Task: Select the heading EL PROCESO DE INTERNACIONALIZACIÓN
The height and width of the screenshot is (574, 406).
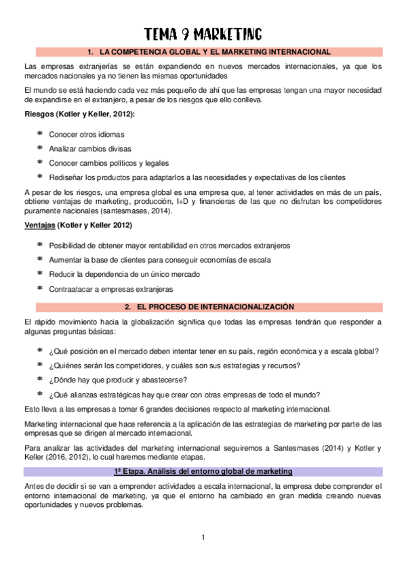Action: (209, 306)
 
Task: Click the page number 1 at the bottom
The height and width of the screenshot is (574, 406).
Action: (203, 538)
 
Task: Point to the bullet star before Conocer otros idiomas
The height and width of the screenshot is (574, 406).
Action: (40, 134)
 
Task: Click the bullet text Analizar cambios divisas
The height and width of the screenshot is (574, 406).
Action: (90, 148)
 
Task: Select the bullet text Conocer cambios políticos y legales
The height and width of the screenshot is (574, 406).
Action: (108, 163)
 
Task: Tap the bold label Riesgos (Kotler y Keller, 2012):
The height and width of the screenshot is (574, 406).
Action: (79, 114)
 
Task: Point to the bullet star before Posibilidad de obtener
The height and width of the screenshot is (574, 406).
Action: (40, 245)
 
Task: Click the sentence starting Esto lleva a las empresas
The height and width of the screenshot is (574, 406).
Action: (177, 409)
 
